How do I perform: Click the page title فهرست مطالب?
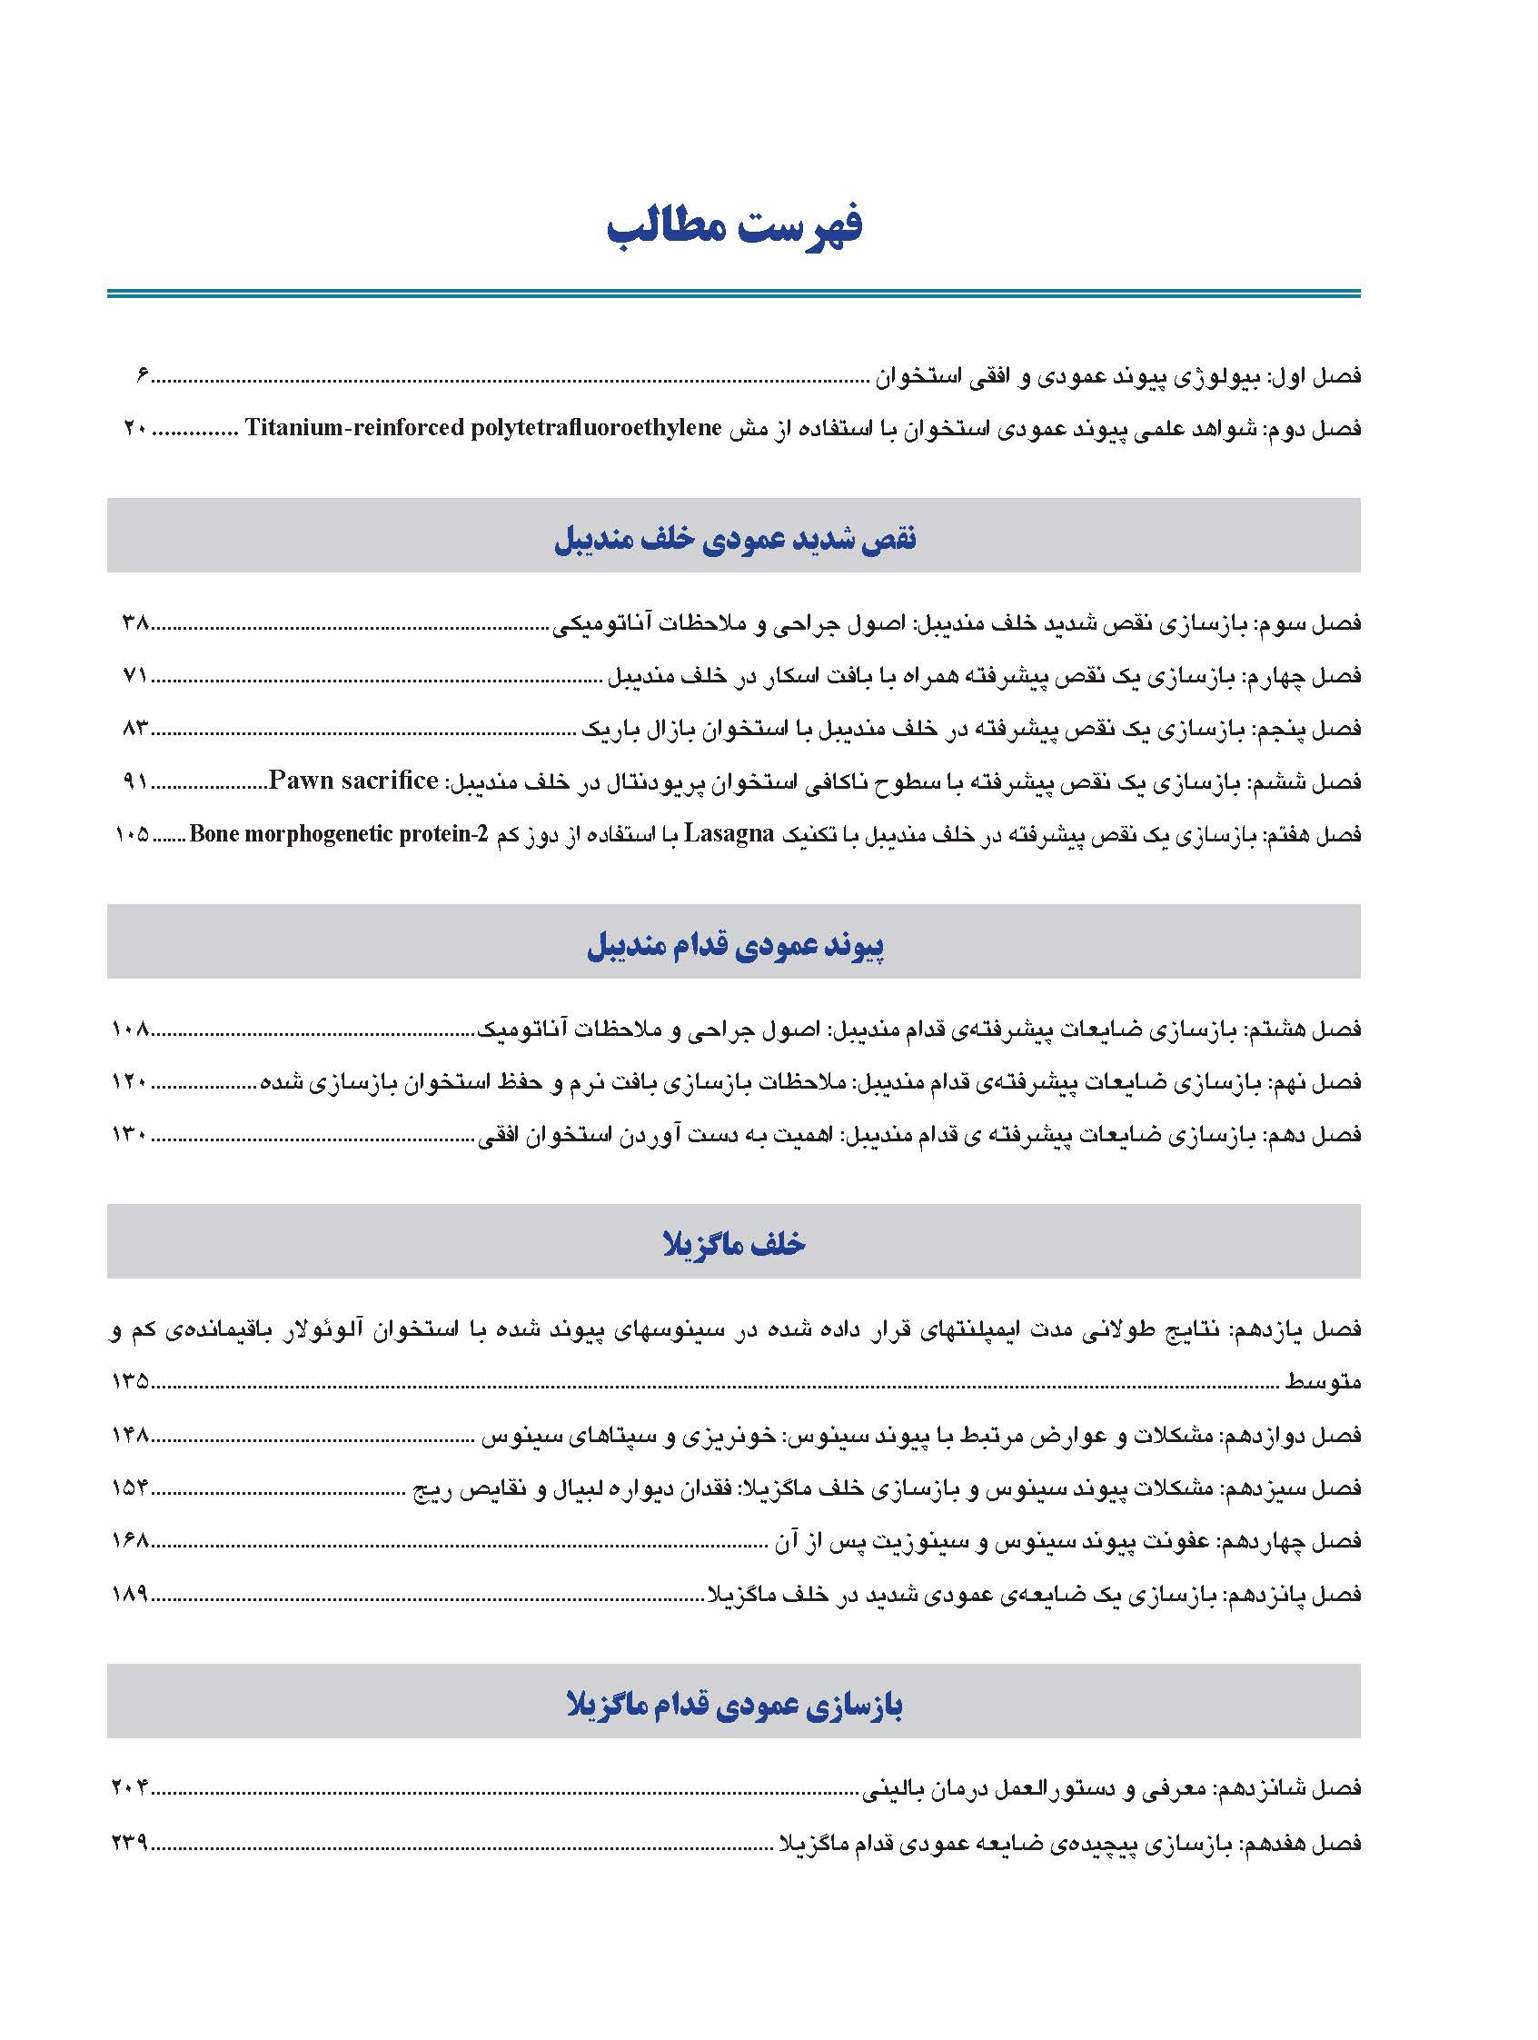[734, 227]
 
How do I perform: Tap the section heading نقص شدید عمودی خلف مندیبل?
[734, 539]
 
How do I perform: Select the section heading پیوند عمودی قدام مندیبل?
[734, 945]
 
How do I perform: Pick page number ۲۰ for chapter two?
[134, 428]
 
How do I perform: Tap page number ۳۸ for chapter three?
[135, 622]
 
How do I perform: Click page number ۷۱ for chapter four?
[135, 675]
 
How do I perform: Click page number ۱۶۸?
[130, 1540]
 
